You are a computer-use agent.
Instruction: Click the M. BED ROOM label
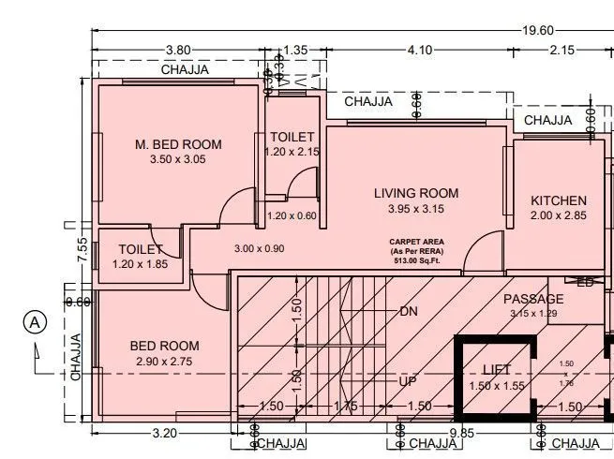178,143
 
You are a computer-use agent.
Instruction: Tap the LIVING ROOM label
416,193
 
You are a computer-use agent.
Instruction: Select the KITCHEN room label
559,200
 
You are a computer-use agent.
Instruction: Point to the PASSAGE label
534,299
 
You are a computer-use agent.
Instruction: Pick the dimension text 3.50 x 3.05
177,159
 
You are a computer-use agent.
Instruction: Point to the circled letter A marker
35,321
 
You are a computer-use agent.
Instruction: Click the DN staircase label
408,310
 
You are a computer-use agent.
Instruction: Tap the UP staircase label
408,382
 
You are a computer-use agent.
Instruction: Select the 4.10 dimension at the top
419,50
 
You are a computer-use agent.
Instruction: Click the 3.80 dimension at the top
178,50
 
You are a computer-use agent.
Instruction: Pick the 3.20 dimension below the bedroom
165,433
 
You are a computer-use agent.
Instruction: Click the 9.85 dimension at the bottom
464,433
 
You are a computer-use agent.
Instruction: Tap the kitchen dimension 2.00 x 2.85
559,216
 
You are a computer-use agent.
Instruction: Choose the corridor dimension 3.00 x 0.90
259,248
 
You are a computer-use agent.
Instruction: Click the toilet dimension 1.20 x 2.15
292,152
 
